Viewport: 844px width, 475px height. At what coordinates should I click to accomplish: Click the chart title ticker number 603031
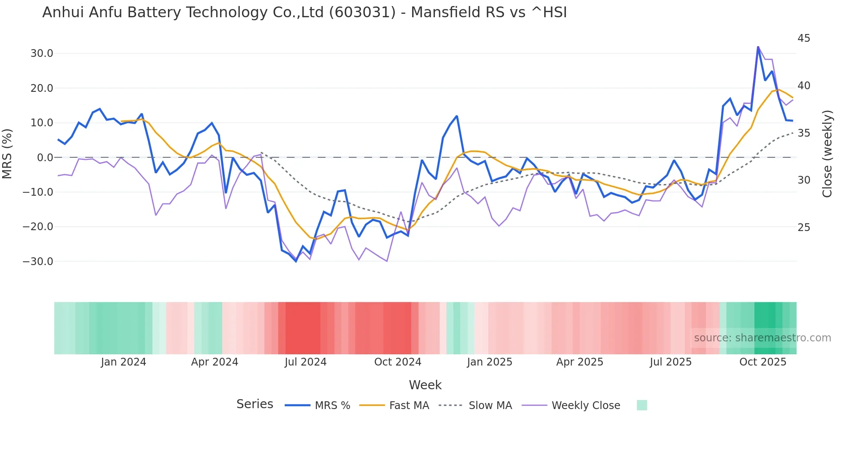pos(362,12)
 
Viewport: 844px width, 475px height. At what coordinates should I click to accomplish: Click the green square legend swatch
pos(642,405)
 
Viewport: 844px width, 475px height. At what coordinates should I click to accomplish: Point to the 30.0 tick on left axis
pos(42,53)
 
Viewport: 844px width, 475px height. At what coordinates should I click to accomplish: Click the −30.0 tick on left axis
pos(38,262)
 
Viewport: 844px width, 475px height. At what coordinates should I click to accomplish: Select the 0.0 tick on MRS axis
pos(45,158)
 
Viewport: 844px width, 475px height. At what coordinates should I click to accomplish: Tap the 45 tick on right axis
pos(804,38)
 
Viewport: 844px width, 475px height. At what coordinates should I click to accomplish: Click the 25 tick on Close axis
pos(804,228)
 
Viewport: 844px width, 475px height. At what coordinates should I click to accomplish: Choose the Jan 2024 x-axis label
pos(124,362)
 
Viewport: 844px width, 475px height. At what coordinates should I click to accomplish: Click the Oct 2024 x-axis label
pos(397,362)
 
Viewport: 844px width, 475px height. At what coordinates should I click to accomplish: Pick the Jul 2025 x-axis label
pos(670,362)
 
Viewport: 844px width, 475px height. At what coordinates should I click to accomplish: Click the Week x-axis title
pos(425,385)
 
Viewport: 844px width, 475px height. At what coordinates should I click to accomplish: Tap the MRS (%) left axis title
pos(7,153)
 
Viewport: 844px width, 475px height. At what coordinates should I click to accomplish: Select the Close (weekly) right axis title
pos(827,154)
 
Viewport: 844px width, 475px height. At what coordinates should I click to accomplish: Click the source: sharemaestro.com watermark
pos(762,338)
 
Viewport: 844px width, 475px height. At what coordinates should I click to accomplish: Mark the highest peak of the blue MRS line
pos(758,47)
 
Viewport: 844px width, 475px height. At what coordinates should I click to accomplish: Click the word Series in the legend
pos(254,404)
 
